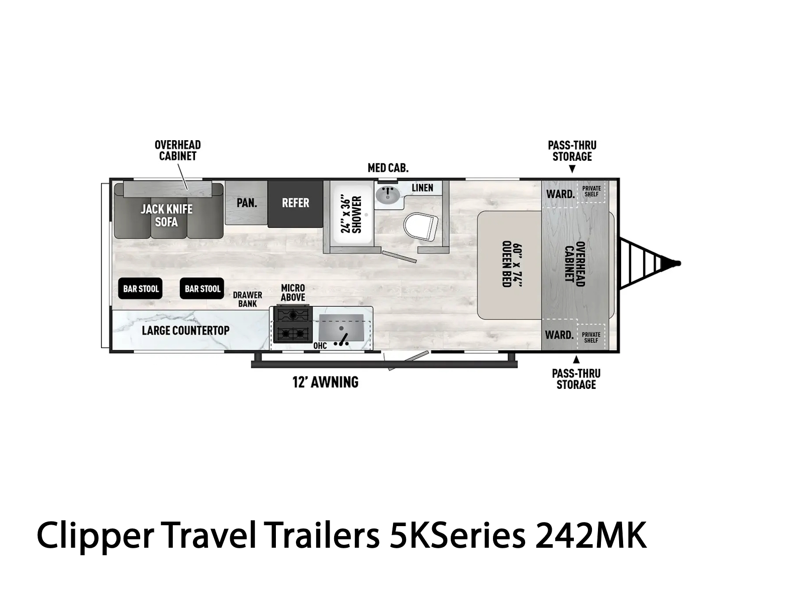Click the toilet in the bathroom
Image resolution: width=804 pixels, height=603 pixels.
[x=421, y=226]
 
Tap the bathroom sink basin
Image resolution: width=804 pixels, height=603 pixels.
[x=388, y=195]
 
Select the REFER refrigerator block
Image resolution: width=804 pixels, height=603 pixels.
[x=295, y=204]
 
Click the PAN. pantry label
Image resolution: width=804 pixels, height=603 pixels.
[x=247, y=203]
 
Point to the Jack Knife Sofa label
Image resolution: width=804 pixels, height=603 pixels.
[x=167, y=215]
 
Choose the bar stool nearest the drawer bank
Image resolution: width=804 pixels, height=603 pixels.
[x=202, y=288]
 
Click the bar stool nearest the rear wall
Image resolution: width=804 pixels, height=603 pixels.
[x=140, y=288]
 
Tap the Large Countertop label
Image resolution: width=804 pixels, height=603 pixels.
[x=186, y=330]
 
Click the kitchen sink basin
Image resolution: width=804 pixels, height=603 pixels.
[x=341, y=328]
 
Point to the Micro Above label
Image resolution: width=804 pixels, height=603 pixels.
[x=293, y=292]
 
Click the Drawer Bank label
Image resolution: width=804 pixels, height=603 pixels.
[x=248, y=299]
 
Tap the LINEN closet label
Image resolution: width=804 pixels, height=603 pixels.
[x=422, y=188]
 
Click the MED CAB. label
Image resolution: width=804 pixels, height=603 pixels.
[x=388, y=168]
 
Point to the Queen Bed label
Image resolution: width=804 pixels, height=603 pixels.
[x=512, y=264]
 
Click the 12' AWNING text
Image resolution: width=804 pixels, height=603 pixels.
[x=325, y=382]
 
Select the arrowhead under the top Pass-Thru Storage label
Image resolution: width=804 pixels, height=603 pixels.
[x=572, y=169]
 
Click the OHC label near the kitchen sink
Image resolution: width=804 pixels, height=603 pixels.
[x=320, y=345]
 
